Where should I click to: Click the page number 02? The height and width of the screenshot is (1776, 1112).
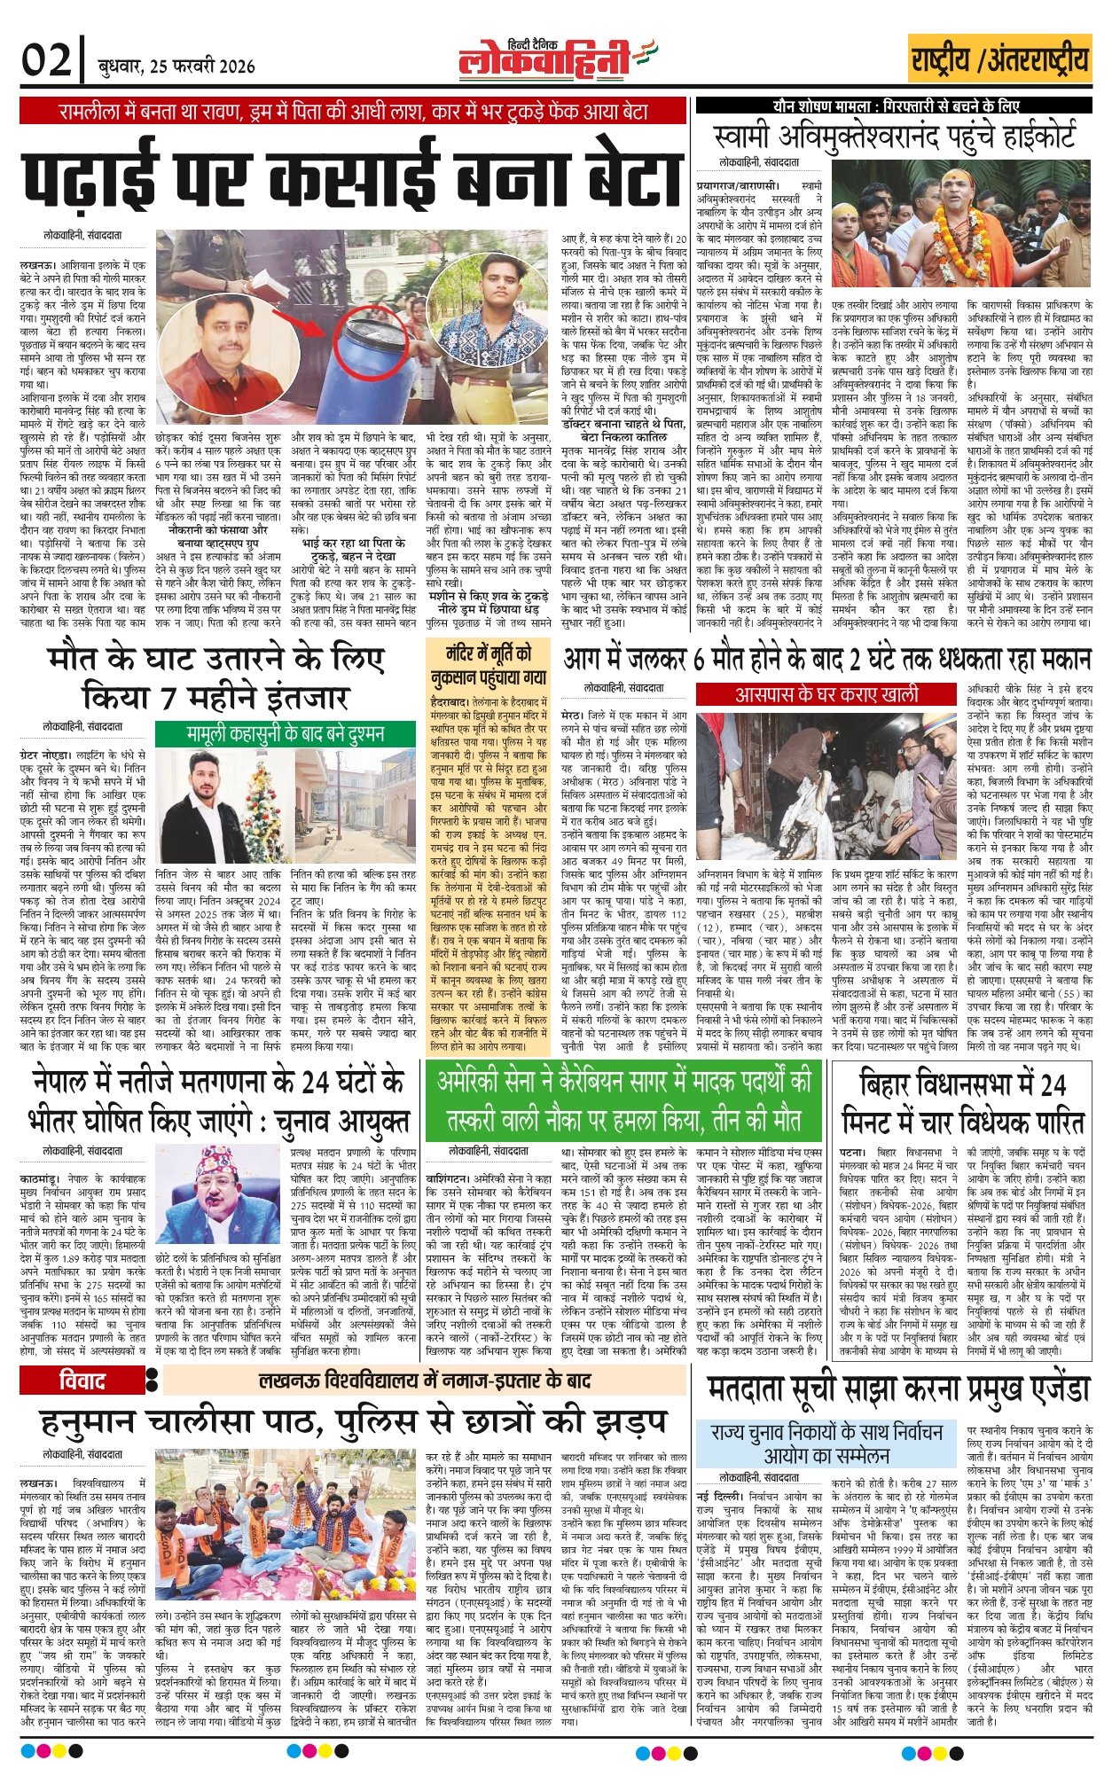point(47,62)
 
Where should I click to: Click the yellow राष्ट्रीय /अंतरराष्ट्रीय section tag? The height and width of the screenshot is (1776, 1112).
point(999,60)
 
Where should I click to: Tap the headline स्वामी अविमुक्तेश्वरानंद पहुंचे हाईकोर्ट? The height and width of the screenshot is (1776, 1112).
point(895,137)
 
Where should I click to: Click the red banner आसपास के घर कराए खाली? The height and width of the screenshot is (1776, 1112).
point(826,693)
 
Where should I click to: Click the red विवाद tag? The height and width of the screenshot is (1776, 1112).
point(82,1380)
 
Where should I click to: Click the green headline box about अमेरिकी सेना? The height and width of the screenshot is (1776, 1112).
point(624,1098)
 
